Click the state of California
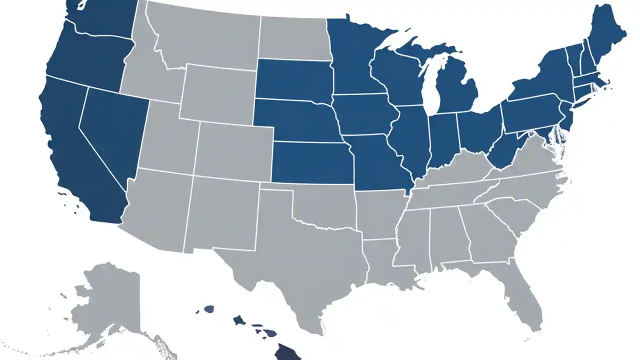coord(75,150)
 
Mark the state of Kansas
coord(310,162)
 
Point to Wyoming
coord(217,92)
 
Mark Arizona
coord(155,210)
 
